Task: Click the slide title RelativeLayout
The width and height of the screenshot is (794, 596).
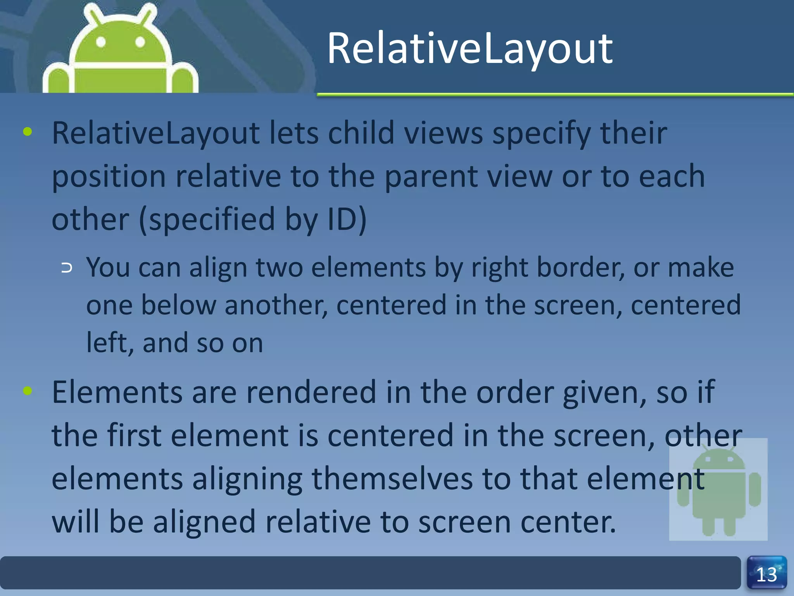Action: point(469,49)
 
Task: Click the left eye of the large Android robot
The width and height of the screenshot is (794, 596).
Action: point(101,42)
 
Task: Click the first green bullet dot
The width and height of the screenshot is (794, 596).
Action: point(28,132)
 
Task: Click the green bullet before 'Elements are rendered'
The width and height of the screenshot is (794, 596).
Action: point(28,390)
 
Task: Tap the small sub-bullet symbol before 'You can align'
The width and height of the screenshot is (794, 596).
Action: point(67,268)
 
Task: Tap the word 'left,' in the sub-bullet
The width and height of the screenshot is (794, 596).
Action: point(110,343)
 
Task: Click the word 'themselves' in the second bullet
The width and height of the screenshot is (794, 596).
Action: point(392,478)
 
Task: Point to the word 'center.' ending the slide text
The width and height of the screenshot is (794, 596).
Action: point(568,522)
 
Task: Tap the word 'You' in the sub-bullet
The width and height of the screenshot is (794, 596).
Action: point(108,268)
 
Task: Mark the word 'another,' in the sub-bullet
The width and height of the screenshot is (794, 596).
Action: point(276,305)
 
